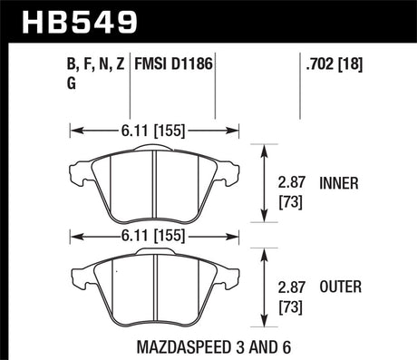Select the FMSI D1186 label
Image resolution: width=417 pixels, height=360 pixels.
coord(175,65)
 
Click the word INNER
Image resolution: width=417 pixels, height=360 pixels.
coord(339,182)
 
